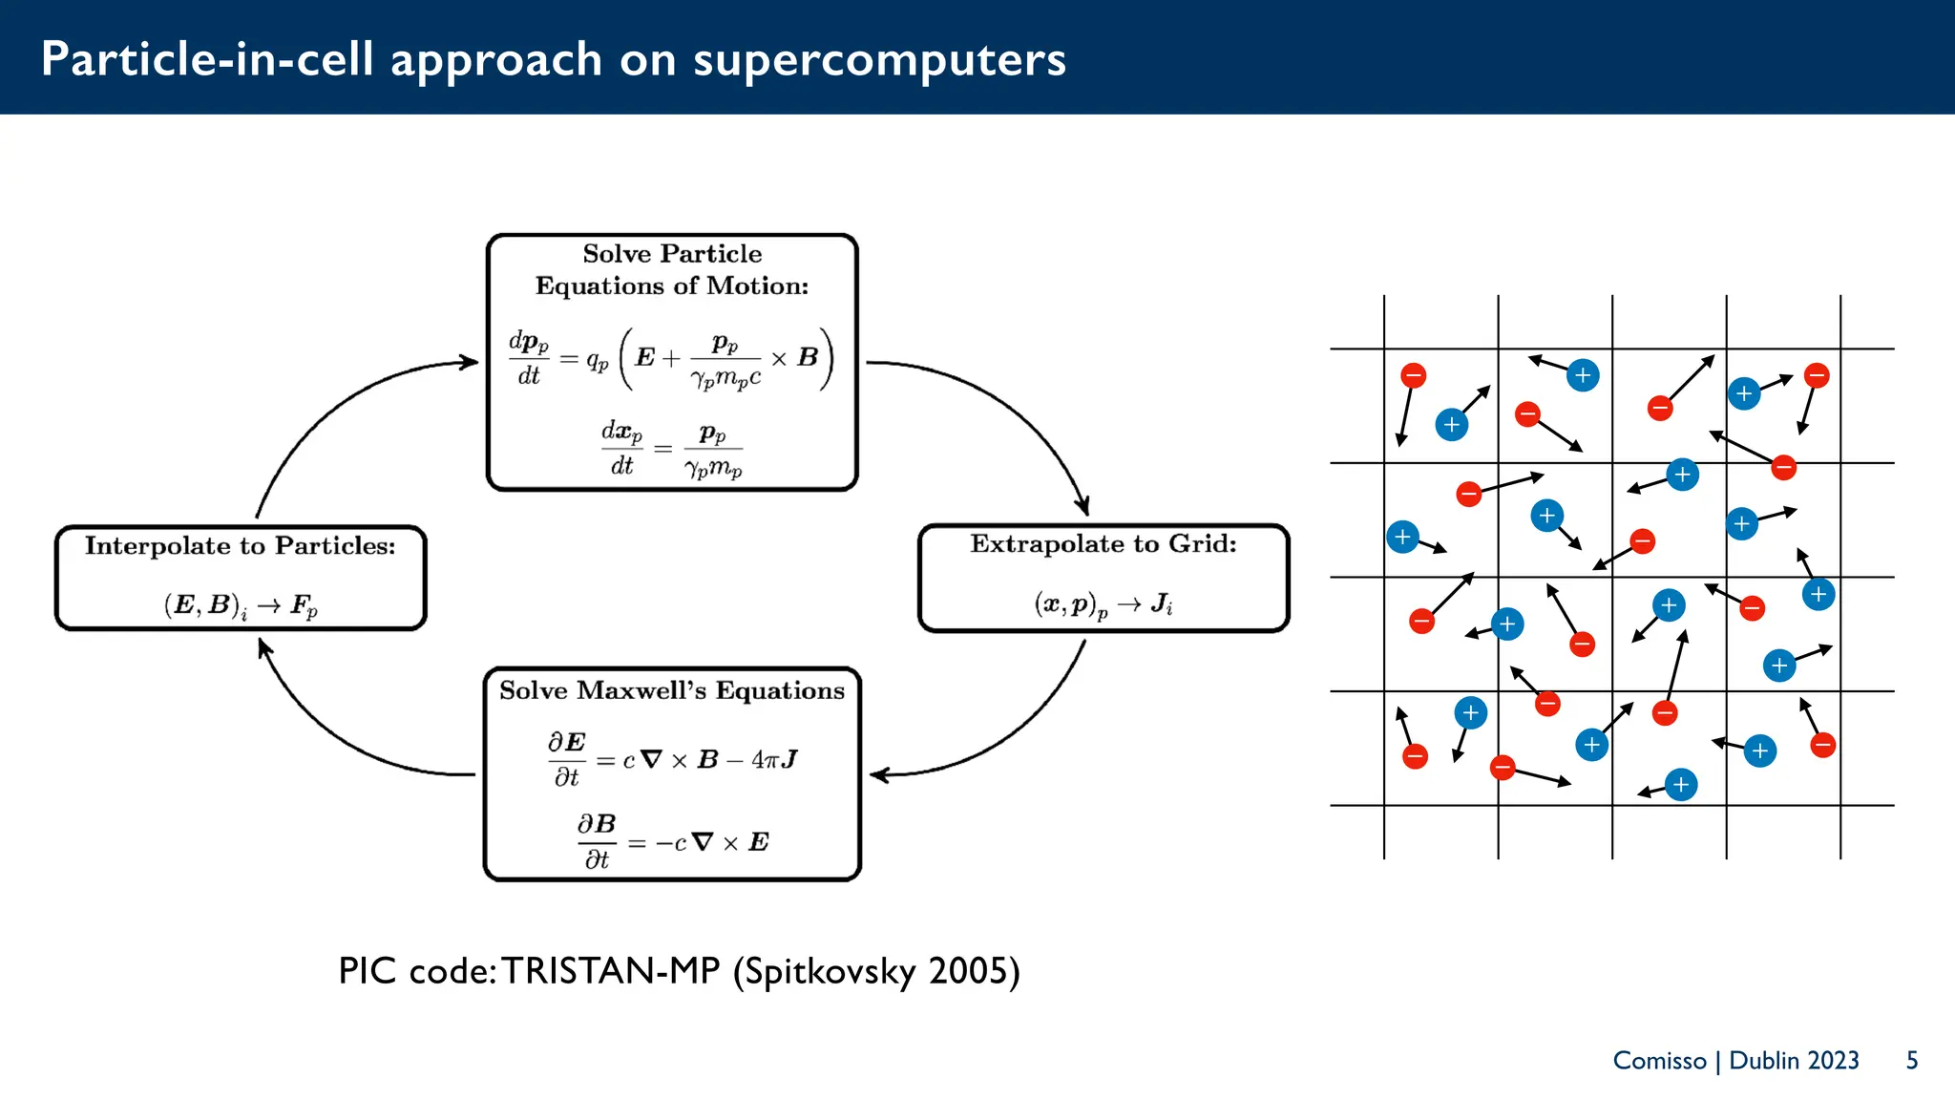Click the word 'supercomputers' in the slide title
(879, 60)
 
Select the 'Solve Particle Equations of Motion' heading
(672, 269)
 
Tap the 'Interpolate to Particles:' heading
(240, 546)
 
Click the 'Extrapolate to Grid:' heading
(1104, 544)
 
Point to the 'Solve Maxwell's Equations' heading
(672, 690)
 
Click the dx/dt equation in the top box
(671, 449)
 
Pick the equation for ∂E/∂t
(671, 760)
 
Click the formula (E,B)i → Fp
(241, 605)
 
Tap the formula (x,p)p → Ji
(1104, 604)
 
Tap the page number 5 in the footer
(1912, 1061)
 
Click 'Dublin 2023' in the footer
(1794, 1061)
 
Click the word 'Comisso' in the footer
(1659, 1061)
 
